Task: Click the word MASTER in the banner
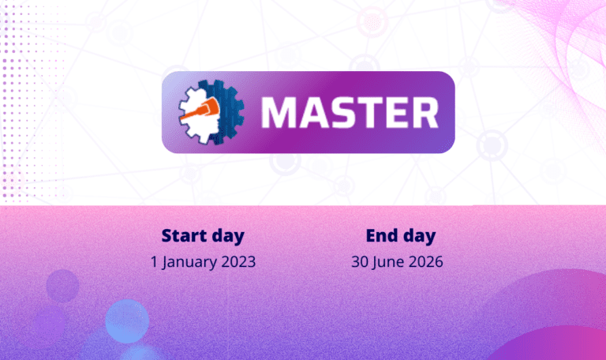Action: (350, 112)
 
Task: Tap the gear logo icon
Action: (211, 112)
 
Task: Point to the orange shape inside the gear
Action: (200, 110)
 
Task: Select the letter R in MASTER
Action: (425, 112)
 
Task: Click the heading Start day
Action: (203, 235)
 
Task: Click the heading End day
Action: (401, 235)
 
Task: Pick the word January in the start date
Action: (187, 262)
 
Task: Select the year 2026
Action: (425, 262)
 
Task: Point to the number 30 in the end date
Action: (360, 262)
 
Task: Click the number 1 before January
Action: (154, 262)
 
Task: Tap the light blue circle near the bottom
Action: (127, 321)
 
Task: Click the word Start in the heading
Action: (184, 235)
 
